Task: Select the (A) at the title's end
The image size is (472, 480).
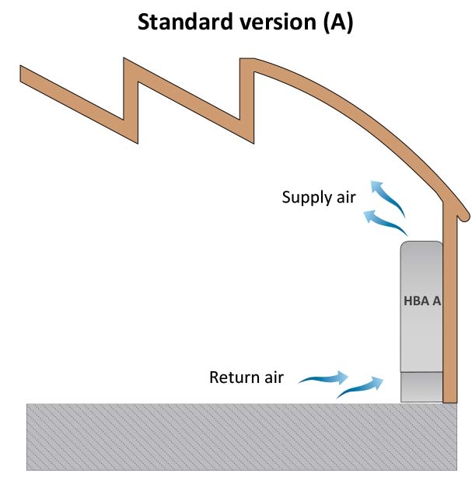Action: [336, 23]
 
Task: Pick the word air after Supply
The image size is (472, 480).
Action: [345, 197]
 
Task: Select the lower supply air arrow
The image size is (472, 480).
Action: [389, 222]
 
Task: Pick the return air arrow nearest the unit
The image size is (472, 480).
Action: [362, 386]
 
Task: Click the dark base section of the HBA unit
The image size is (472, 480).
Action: [421, 386]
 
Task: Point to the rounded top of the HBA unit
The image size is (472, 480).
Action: [421, 247]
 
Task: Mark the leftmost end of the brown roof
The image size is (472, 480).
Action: [23, 72]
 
